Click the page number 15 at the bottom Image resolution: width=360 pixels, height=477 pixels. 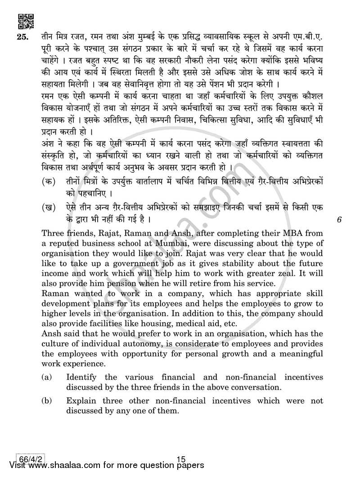[x=181, y=459]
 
